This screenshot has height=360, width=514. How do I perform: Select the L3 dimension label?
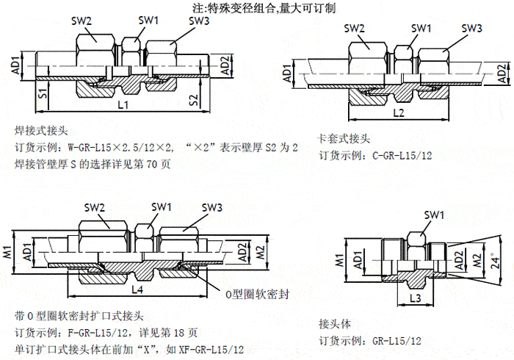pyautogui.click(x=414, y=298)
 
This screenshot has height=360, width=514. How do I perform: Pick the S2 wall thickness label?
pyautogui.click(x=194, y=99)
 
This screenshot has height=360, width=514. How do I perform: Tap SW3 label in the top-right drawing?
pyautogui.click(x=471, y=28)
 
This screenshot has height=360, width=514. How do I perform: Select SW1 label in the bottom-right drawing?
pyautogui.click(x=434, y=214)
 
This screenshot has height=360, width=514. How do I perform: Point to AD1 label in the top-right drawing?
pyautogui.click(x=287, y=74)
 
